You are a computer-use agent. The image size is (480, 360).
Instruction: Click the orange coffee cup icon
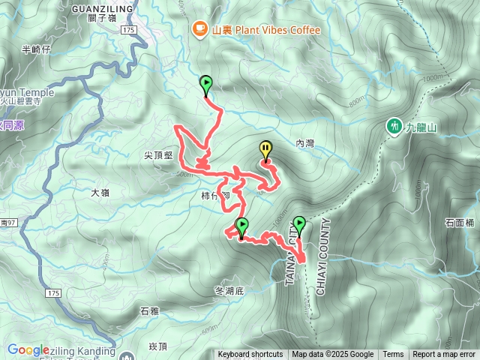199,29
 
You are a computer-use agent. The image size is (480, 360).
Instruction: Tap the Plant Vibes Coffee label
266,30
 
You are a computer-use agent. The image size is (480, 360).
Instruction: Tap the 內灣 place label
305,142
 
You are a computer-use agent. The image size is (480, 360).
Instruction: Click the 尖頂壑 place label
158,155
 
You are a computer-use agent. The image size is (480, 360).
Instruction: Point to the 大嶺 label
100,192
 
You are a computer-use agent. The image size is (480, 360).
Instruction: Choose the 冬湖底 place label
229,290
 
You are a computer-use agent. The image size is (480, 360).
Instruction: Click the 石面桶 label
460,223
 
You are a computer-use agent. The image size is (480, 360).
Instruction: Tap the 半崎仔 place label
36,49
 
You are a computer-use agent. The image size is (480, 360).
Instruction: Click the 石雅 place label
150,310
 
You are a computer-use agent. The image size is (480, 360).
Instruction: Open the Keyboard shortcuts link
250,355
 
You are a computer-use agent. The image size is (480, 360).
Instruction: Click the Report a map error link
444,355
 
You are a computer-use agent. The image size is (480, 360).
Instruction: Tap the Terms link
393,355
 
